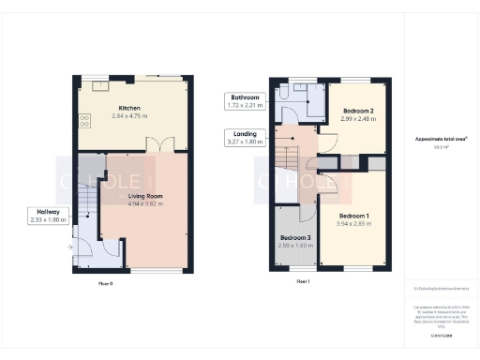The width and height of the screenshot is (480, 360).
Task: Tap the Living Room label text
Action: pos(139,195)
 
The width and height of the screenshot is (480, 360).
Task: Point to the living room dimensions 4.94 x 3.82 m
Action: pos(139,202)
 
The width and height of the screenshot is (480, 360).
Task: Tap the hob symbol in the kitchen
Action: pos(85,120)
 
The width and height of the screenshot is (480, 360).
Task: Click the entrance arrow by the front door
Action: pos(69,247)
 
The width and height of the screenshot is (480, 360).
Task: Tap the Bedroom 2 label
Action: pos(358,111)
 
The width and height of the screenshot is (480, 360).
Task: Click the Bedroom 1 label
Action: pos(354,217)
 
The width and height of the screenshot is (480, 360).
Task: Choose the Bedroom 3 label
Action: pos(294,237)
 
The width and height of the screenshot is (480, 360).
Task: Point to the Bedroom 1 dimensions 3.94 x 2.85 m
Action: pos(354,224)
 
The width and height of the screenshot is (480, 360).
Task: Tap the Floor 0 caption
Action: pos(106,281)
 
